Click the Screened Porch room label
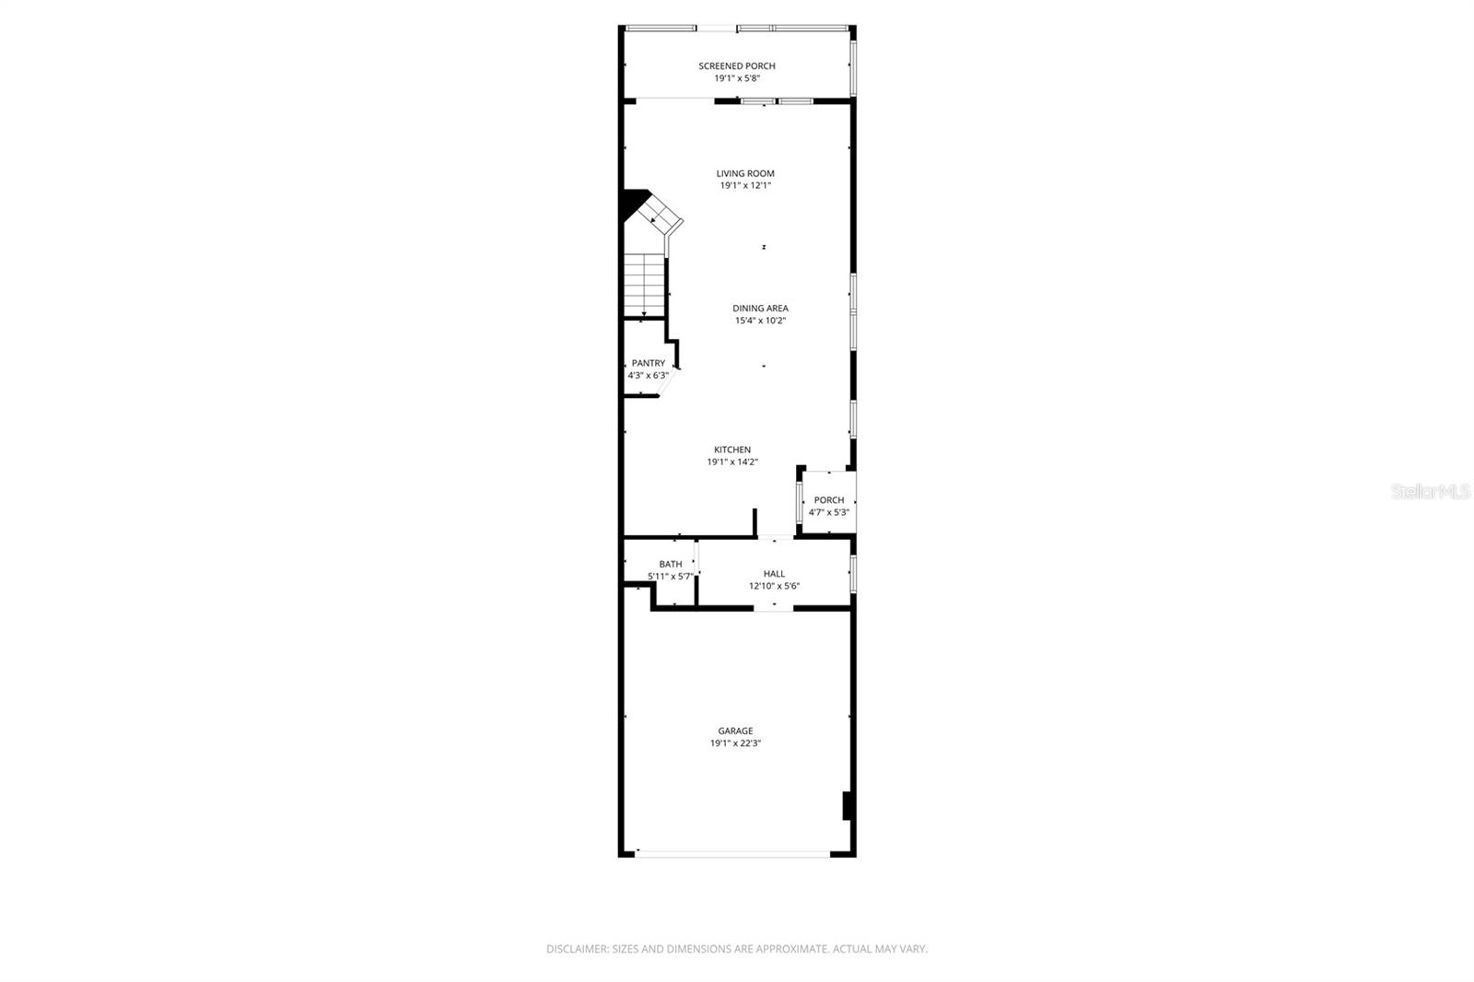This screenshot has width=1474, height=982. [x=736, y=65]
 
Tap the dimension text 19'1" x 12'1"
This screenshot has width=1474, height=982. [x=744, y=185]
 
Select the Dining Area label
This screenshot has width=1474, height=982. [x=760, y=309]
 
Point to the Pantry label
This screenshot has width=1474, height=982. [x=648, y=363]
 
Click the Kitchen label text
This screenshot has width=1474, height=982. [x=731, y=450]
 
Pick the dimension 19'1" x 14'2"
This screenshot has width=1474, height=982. [x=731, y=462]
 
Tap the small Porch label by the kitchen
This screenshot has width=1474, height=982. [x=828, y=500]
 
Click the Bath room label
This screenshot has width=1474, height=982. [x=670, y=564]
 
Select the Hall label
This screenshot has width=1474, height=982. [x=774, y=573]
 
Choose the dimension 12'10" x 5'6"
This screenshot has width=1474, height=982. [x=774, y=586]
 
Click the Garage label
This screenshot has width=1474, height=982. [x=735, y=731]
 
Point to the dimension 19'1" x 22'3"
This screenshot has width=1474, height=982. [x=735, y=743]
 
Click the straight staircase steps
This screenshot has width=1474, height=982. [x=644, y=285]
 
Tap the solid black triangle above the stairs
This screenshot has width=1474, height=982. [x=632, y=203]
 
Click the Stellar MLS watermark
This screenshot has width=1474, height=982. [x=1430, y=492]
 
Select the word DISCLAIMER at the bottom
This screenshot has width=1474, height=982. [x=577, y=949]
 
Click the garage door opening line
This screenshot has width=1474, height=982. [x=732, y=854]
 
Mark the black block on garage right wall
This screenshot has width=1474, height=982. [x=846, y=805]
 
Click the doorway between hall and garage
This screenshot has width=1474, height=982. [x=774, y=608]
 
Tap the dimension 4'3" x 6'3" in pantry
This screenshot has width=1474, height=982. [x=648, y=376]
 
